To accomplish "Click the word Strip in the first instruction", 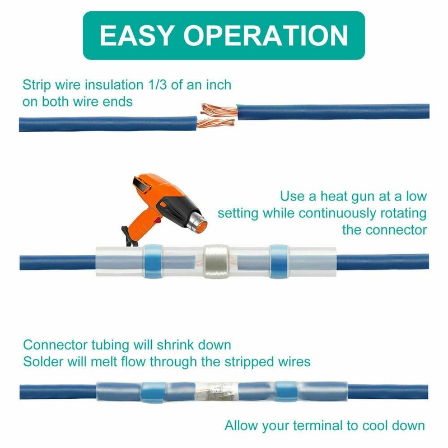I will point(36,85).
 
